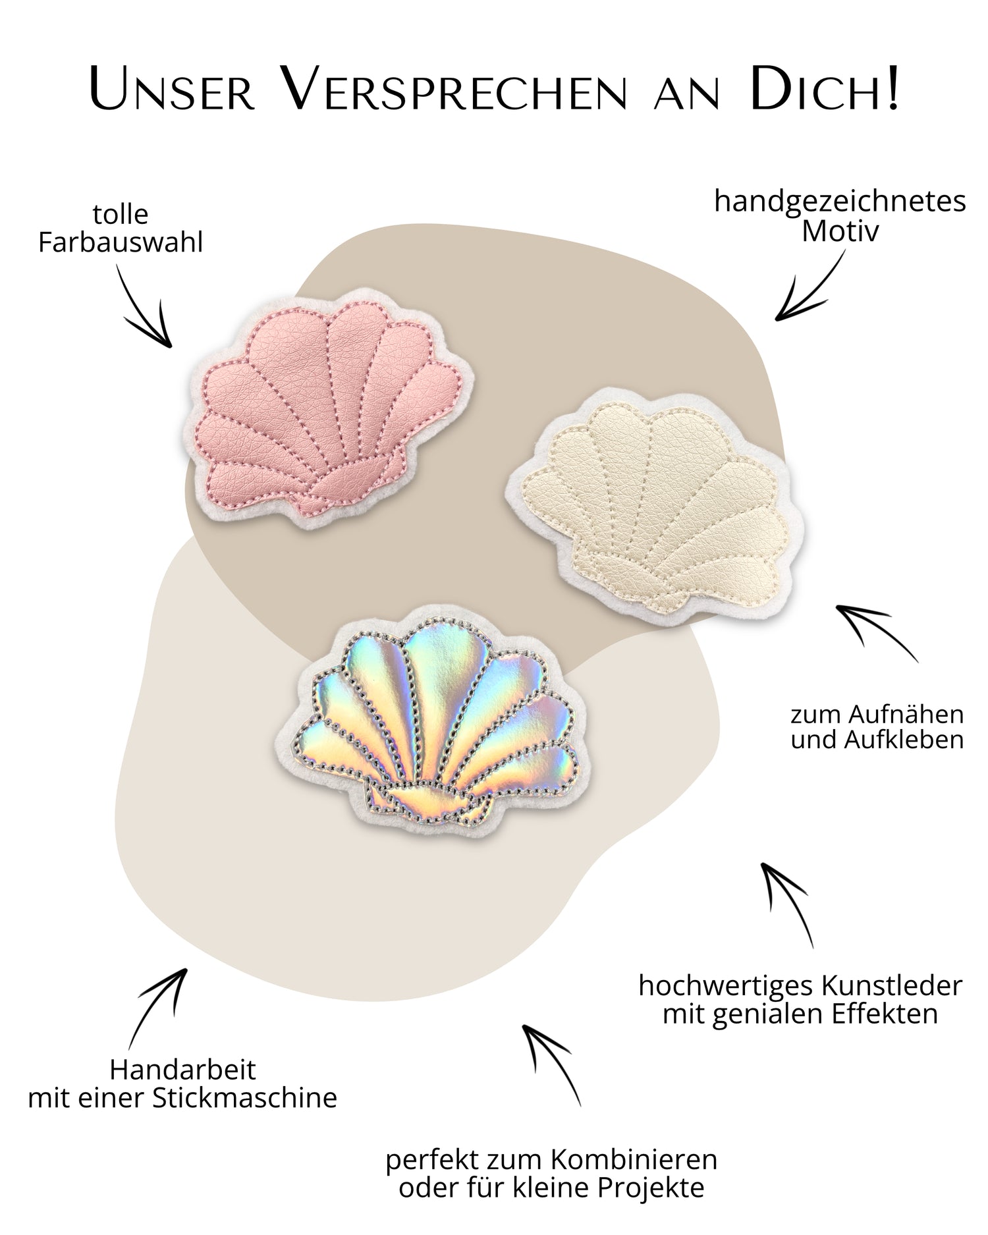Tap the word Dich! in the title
tap(824, 89)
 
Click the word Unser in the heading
tap(172, 89)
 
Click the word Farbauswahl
tap(121, 243)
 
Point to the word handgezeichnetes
tap(840, 202)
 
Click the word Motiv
tap(840, 231)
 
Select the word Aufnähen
tap(906, 715)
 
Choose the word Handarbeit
tap(182, 1070)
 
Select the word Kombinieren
tap(634, 1160)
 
